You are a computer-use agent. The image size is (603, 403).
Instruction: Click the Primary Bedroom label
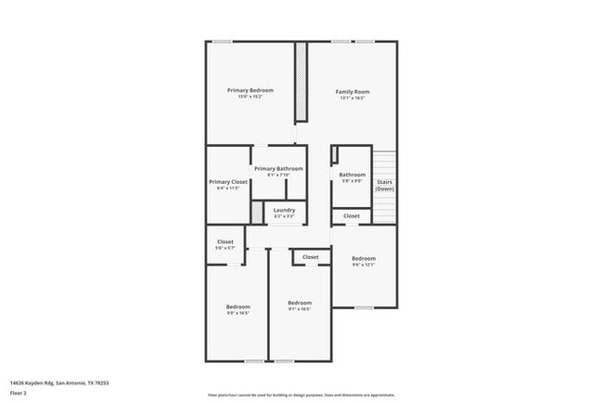coord(250,90)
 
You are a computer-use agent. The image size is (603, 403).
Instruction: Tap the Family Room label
coord(353,92)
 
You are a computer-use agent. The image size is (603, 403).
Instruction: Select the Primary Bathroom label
coord(278,168)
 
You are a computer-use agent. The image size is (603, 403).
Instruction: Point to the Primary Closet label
coord(227,182)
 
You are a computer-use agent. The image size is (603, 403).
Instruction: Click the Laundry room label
coord(284,210)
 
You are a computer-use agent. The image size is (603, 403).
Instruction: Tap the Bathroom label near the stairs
coord(352,175)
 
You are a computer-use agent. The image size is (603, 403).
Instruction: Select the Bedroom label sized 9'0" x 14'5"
coord(238,306)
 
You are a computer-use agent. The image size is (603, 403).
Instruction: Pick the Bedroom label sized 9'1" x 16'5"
coord(299,303)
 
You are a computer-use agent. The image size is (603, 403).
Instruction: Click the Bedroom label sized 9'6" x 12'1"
coord(363,258)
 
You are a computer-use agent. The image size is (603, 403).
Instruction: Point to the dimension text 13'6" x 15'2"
coord(250,97)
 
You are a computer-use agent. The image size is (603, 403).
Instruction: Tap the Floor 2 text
coord(19,393)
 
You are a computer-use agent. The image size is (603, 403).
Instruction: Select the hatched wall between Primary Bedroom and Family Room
coord(301,82)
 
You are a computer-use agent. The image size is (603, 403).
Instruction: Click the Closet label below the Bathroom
coord(352,215)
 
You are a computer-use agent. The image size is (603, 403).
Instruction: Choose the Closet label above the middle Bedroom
coord(311,257)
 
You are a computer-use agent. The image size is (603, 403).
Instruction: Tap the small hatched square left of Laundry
coord(257,211)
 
